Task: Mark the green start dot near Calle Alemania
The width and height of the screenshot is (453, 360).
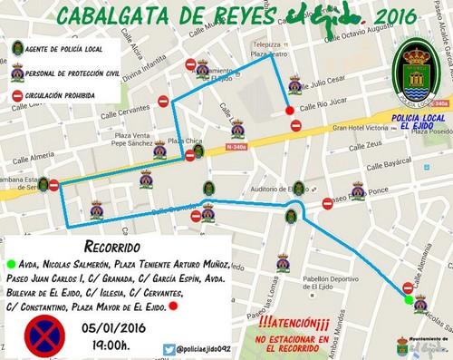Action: pyautogui.click(x=407, y=299)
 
